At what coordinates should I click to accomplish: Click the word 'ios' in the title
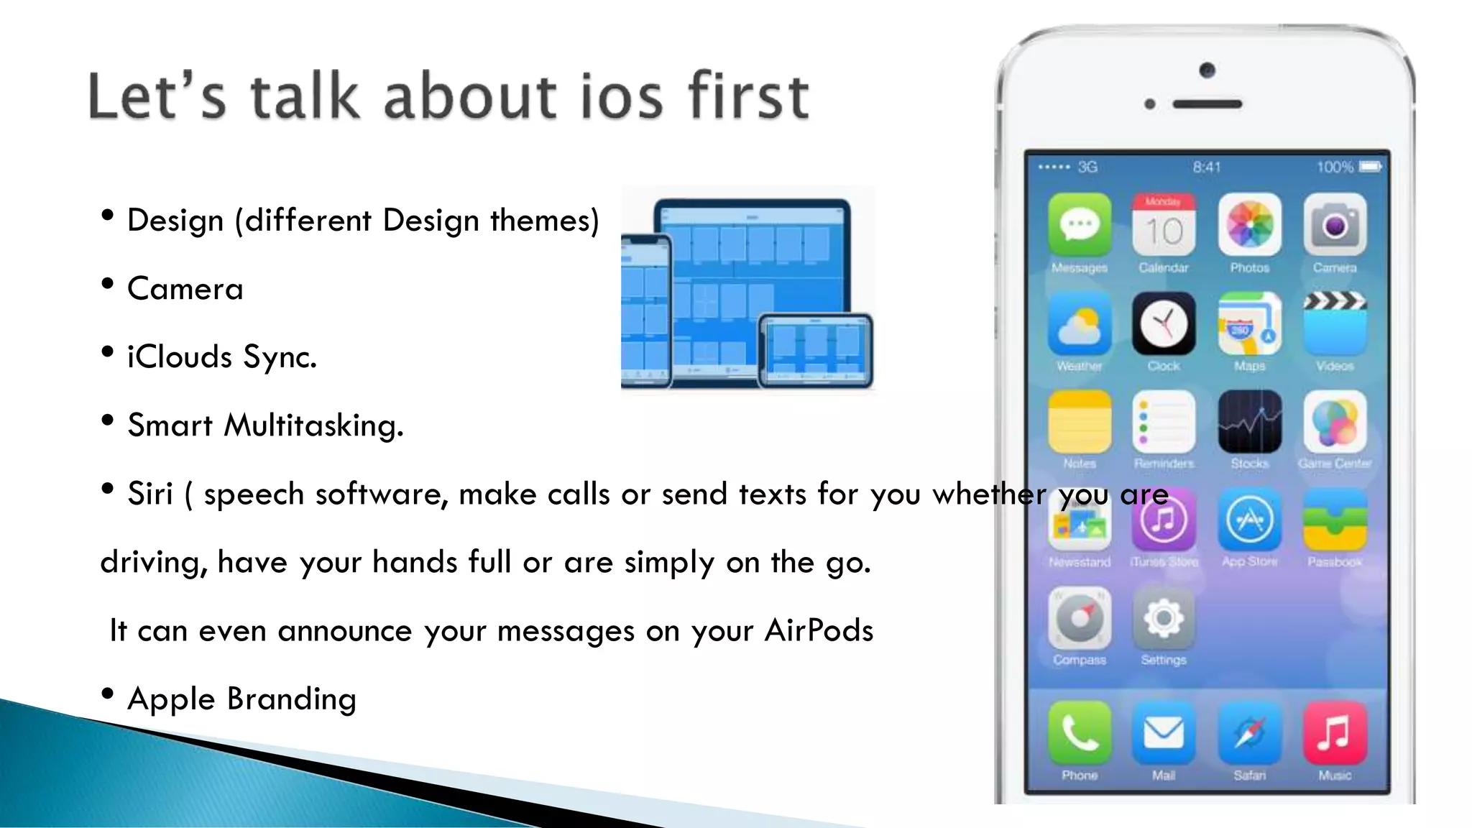pyautogui.click(x=621, y=97)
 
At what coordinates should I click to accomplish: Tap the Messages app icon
pyautogui.click(x=1079, y=224)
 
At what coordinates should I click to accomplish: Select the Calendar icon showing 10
pyautogui.click(x=1164, y=224)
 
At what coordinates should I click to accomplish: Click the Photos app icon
pyautogui.click(x=1249, y=224)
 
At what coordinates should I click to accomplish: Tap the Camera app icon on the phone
pyautogui.click(x=1335, y=224)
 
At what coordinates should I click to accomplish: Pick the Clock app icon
pyautogui.click(x=1164, y=324)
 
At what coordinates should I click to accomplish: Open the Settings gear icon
pyautogui.click(x=1164, y=618)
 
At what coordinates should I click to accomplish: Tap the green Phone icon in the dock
pyautogui.click(x=1079, y=733)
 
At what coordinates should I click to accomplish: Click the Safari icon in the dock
pyautogui.click(x=1249, y=733)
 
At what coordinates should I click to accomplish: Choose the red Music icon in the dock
pyautogui.click(x=1335, y=733)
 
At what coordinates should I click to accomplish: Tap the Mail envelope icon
pyautogui.click(x=1164, y=733)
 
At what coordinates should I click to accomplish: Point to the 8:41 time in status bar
pyautogui.click(x=1207, y=167)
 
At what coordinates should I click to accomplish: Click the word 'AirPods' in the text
pyautogui.click(x=819, y=630)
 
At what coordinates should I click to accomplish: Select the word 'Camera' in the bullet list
pyautogui.click(x=185, y=289)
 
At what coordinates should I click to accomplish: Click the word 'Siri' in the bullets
pyautogui.click(x=150, y=494)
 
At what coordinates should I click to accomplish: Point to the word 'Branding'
pyautogui.click(x=291, y=699)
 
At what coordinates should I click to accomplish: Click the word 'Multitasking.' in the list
pyautogui.click(x=314, y=425)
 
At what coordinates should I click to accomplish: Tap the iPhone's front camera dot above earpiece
pyautogui.click(x=1207, y=70)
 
